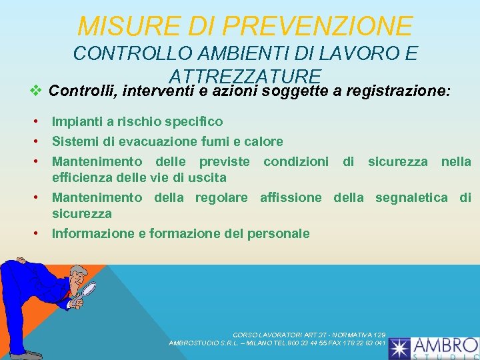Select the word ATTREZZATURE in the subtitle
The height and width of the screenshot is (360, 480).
pyautogui.click(x=246, y=75)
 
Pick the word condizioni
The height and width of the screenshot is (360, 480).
pyautogui.click(x=295, y=161)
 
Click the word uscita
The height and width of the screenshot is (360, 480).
pyautogui.click(x=209, y=177)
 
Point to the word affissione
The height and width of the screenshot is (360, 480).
pyautogui.click(x=290, y=197)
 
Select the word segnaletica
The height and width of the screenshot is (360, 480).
pyautogui.click(x=411, y=197)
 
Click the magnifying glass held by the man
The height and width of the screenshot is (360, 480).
pyautogui.click(x=88, y=290)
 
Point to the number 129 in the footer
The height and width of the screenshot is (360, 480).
pyautogui.click(x=379, y=334)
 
